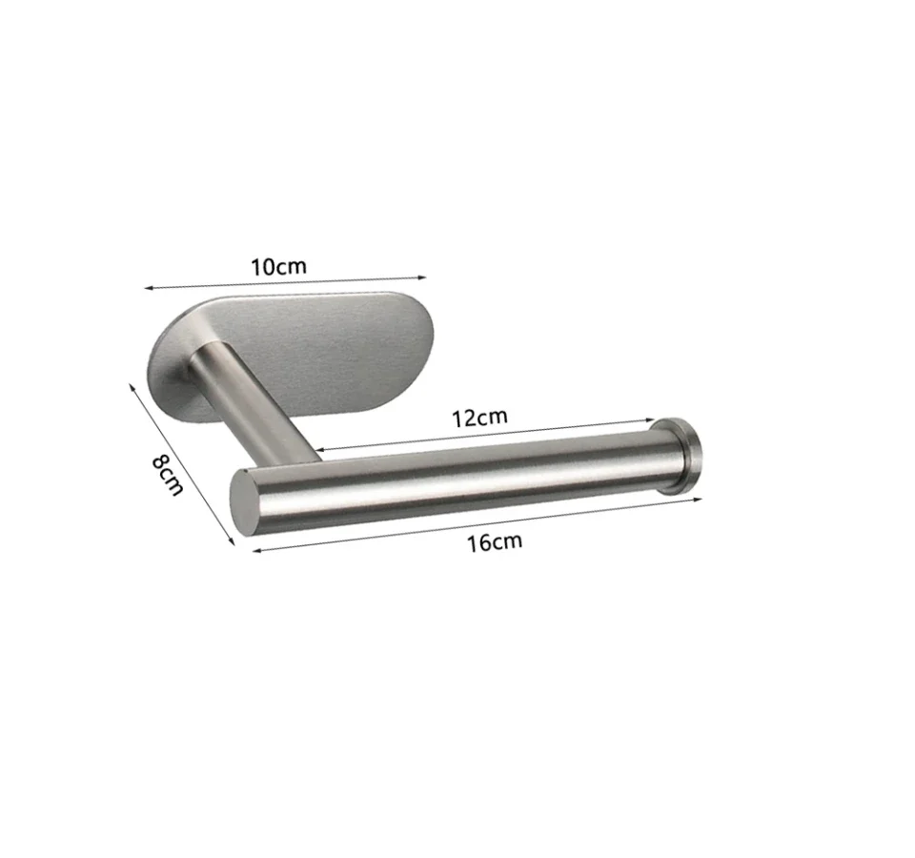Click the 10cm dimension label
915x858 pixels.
coord(279,266)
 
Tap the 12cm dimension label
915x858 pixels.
coord(479,417)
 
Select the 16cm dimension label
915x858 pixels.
coord(495,542)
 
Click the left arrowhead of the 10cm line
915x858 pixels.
coord(147,286)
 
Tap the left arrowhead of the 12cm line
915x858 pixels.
coord(317,449)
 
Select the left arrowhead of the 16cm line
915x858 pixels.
coord(254,550)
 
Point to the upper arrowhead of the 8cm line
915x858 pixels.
coord(131,386)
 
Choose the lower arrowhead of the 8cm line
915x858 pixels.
coord(233,542)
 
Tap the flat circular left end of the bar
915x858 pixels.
coord(245,500)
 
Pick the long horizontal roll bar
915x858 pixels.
coord(457,477)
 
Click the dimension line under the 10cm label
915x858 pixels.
coord(286,281)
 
